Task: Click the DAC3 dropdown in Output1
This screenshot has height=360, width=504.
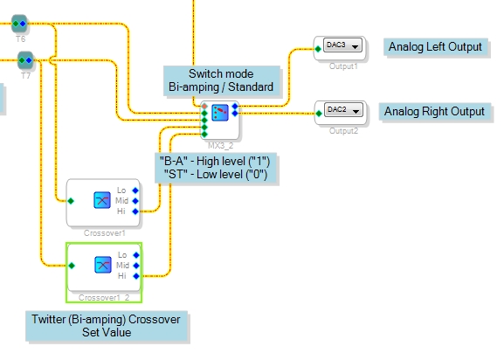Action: (342, 45)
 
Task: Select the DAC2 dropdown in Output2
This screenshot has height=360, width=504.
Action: (343, 110)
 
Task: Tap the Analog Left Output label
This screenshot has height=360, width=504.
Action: (435, 47)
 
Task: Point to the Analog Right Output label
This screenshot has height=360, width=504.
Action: (434, 112)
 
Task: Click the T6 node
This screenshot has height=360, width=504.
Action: (19, 24)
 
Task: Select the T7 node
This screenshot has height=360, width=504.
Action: (25, 60)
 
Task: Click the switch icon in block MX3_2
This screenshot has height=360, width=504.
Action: (220, 113)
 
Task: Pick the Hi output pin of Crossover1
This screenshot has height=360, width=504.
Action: (135, 211)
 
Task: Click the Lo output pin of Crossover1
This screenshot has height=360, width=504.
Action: (135, 190)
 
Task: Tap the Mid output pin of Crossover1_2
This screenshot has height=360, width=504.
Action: (136, 266)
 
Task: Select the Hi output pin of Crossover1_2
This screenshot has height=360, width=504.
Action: (136, 276)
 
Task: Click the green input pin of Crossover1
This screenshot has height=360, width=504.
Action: (71, 201)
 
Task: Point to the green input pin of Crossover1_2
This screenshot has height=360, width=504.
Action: (72, 266)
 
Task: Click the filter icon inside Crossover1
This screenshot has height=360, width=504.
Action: (102, 200)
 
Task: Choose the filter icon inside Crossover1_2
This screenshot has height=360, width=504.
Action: (103, 265)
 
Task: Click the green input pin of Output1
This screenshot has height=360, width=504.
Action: (318, 49)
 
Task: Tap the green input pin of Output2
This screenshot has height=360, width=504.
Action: (319, 113)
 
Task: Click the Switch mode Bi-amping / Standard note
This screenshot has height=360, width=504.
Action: (222, 80)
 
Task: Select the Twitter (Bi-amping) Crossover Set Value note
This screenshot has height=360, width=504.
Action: (107, 326)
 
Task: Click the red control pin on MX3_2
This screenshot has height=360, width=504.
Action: (204, 107)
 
